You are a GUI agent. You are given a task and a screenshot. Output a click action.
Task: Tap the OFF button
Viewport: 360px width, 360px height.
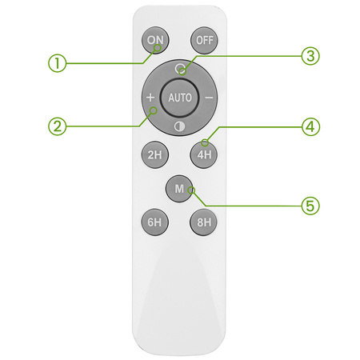pos(204,40)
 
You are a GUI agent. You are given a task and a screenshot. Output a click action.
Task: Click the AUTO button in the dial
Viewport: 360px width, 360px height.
pos(180,98)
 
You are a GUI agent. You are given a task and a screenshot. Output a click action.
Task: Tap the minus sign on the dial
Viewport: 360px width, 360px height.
pos(209,98)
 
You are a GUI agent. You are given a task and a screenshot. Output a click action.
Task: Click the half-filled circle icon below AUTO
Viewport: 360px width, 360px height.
pos(179,126)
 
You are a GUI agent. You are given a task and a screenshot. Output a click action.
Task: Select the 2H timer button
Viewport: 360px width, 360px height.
pos(155,154)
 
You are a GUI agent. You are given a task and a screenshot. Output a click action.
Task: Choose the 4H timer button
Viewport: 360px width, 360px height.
pos(204,154)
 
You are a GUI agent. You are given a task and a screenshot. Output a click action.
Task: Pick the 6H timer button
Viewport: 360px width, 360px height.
pos(155,222)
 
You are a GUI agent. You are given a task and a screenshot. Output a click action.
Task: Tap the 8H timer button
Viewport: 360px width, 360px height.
pos(204,222)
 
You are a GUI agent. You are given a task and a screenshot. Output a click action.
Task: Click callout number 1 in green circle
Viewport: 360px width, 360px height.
pos(57,63)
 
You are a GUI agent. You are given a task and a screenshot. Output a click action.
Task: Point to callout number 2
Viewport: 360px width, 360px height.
pos(57,126)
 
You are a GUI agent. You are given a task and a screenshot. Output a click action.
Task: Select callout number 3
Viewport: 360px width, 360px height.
pos(310,56)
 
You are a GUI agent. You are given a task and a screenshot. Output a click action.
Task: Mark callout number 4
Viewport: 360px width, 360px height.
pos(310,127)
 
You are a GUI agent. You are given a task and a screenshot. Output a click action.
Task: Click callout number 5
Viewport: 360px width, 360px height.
pos(310,206)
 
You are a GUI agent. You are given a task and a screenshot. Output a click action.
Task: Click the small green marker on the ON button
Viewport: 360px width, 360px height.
pos(158,48)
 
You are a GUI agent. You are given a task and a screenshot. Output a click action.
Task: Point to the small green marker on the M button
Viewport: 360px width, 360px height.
pos(191,190)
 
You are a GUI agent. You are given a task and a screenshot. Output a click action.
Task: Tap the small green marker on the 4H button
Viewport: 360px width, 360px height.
pos(205,142)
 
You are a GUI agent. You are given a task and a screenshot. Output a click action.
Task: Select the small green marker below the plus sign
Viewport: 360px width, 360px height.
pos(154,110)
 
